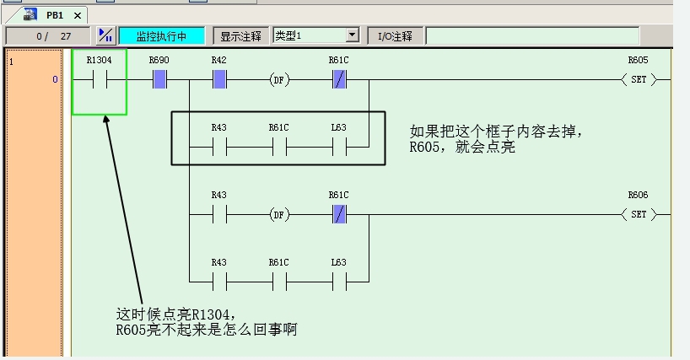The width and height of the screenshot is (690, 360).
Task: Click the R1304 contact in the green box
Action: pyautogui.click(x=100, y=80)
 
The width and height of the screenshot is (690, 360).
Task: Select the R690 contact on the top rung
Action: pyautogui.click(x=159, y=80)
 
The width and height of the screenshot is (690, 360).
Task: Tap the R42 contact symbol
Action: pyautogui.click(x=219, y=80)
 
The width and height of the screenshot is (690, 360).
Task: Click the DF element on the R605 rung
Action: pyautogui.click(x=278, y=80)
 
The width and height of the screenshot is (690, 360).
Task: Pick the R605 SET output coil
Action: pyautogui.click(x=638, y=80)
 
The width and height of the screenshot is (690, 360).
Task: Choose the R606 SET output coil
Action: pyautogui.click(x=638, y=215)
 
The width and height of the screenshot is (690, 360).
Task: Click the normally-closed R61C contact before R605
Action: pyautogui.click(x=338, y=80)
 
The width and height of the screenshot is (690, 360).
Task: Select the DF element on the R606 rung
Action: pyautogui.click(x=278, y=215)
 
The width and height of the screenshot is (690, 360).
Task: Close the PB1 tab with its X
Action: pyautogui.click(x=78, y=15)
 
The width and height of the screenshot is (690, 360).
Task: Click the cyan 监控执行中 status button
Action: pyautogui.click(x=161, y=36)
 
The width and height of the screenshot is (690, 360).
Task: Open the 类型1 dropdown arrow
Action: pyautogui.click(x=352, y=35)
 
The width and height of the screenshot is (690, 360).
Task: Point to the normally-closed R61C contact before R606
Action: pyautogui.click(x=338, y=215)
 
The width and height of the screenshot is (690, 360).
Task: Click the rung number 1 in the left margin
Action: pyautogui.click(x=11, y=62)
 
